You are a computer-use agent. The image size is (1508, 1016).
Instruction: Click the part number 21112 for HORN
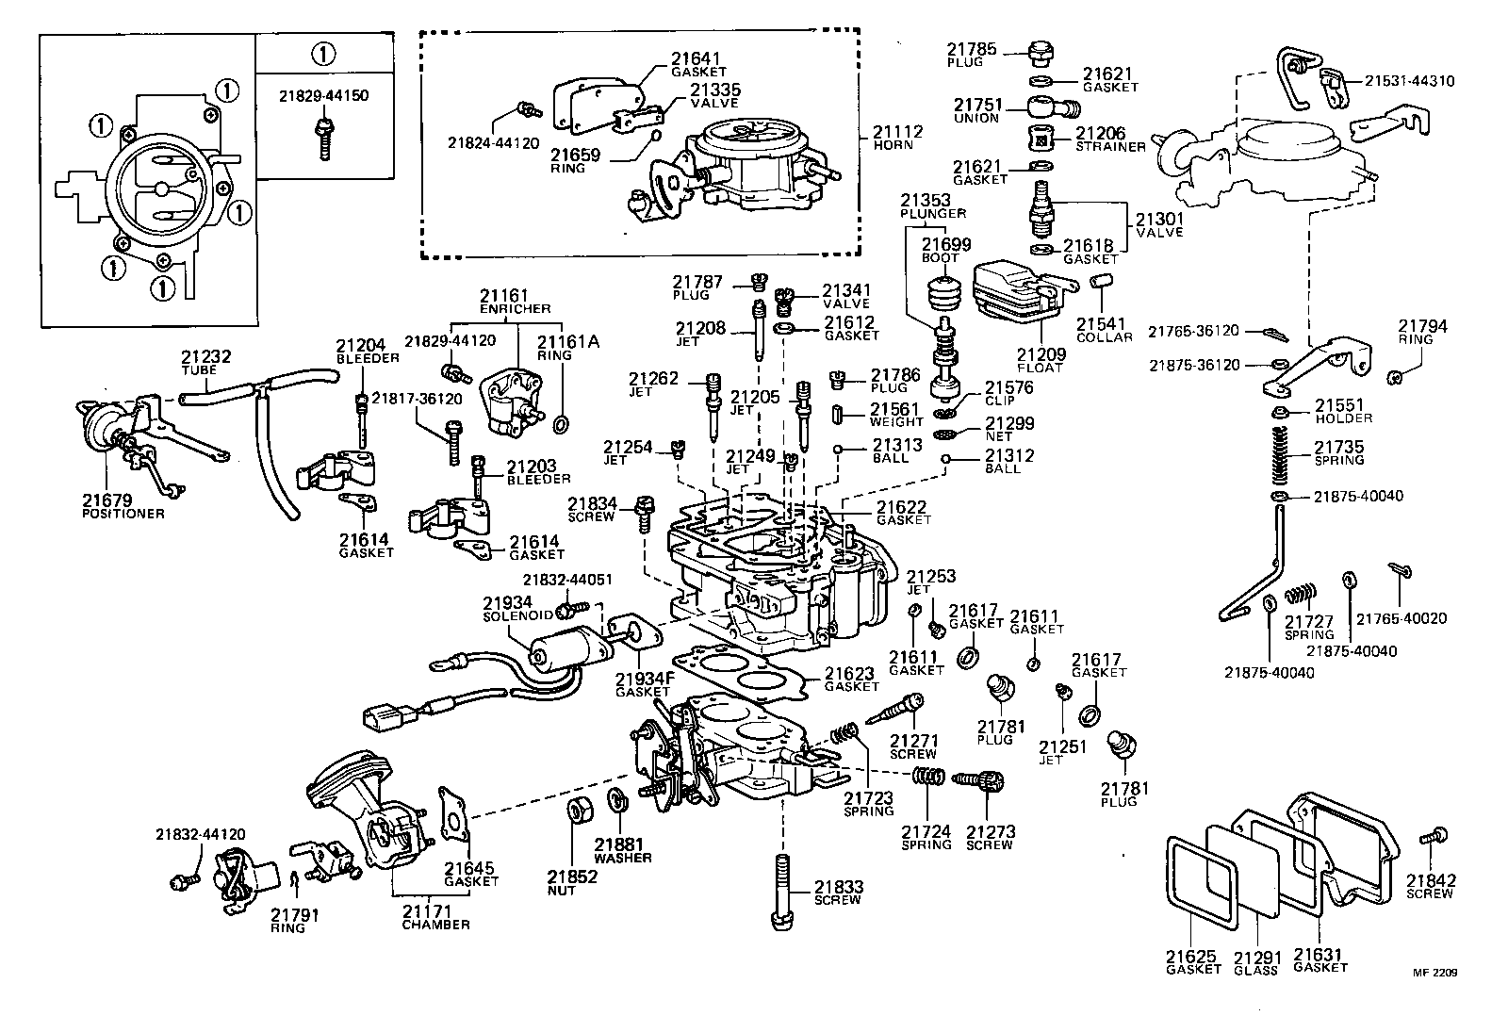pyautogui.click(x=896, y=132)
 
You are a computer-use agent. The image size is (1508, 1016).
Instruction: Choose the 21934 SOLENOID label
pyautogui.click(x=507, y=608)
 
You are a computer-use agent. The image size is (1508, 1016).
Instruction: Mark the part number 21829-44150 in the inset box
pyautogui.click(x=322, y=96)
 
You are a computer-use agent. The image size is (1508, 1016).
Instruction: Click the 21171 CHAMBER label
pyautogui.click(x=435, y=917)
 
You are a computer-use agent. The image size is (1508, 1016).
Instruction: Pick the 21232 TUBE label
pyautogui.click(x=205, y=363)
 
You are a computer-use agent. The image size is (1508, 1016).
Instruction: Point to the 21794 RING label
pyautogui.click(x=1422, y=332)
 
